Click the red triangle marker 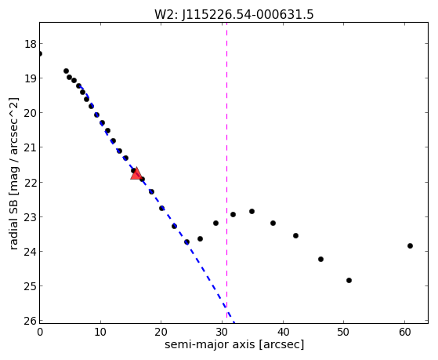pyautogui.click(x=136, y=173)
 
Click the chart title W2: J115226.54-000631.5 pyautogui.click(x=234, y=14)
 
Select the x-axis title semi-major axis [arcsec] pyautogui.click(x=234, y=344)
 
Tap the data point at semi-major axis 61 pyautogui.click(x=410, y=245)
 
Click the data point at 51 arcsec pyautogui.click(x=349, y=280)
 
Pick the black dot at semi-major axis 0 pyautogui.click(x=40, y=53)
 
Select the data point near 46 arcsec pyautogui.click(x=320, y=260)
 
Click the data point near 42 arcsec pyautogui.click(x=296, y=236)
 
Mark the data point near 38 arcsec pyautogui.click(x=273, y=224)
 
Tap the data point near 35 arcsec pyautogui.click(x=252, y=212)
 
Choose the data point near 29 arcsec pyautogui.click(x=215, y=224)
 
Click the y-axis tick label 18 pyautogui.click(x=31, y=44)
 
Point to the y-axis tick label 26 pyautogui.click(x=31, y=321)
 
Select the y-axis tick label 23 pyautogui.click(x=31, y=217)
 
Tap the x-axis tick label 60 pyautogui.click(x=405, y=333)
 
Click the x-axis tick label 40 pyautogui.click(x=283, y=333)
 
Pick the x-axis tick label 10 pyautogui.click(x=100, y=333)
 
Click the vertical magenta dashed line pyautogui.click(x=226, y=171)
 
